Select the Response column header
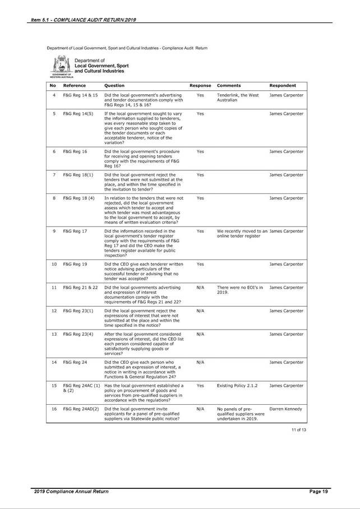tap(200, 86)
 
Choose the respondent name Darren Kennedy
tap(286, 409)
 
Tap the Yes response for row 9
tap(200, 231)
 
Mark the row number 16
tap(53, 409)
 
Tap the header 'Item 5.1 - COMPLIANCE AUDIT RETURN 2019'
tap(84, 21)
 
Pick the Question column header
tap(114, 86)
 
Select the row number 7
tap(53, 175)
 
